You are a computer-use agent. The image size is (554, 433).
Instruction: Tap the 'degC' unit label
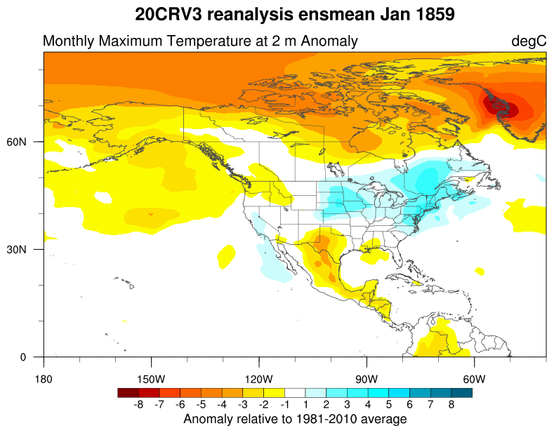pyautogui.click(x=528, y=41)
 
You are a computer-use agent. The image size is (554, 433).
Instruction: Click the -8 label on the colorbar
pyautogui.click(x=138, y=404)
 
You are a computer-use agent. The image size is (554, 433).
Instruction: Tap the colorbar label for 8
pyautogui.click(x=451, y=404)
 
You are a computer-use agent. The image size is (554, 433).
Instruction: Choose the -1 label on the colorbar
pyautogui.click(x=284, y=404)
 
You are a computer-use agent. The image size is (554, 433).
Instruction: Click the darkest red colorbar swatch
pyautogui.click(x=128, y=393)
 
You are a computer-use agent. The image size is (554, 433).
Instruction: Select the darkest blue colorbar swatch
pyautogui.click(x=461, y=393)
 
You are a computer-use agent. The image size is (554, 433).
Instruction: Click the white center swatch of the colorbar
pyautogui.click(x=295, y=393)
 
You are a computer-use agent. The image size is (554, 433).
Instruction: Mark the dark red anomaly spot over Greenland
pyautogui.click(x=501, y=107)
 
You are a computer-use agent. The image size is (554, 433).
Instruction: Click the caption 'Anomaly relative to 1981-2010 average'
pyautogui.click(x=295, y=419)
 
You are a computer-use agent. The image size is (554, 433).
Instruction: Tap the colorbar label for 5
pyautogui.click(x=389, y=404)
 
